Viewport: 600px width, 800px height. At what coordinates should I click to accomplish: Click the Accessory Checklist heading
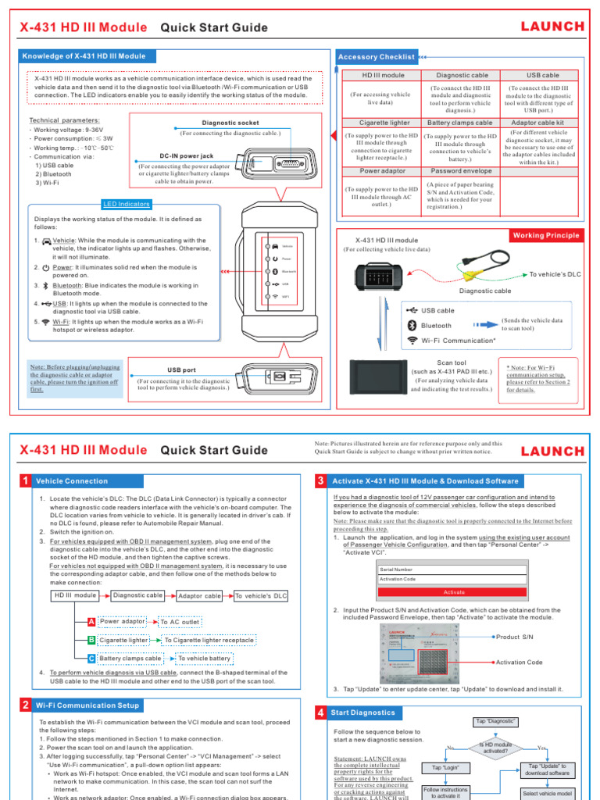coord(376,57)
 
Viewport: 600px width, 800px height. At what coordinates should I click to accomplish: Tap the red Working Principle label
coord(546,235)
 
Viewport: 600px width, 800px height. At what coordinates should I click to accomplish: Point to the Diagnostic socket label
coord(230,123)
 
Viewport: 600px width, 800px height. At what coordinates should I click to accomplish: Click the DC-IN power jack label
coord(186,156)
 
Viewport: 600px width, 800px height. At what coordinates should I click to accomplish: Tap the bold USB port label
coord(181,370)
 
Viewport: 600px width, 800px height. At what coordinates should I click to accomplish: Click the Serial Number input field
coord(453,570)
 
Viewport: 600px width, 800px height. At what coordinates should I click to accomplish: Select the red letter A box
coord(91,622)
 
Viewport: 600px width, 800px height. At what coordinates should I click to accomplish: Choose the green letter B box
coord(91,641)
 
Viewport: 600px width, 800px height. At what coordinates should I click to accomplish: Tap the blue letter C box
coord(91,659)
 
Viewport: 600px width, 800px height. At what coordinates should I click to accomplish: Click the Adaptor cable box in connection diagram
coord(200,595)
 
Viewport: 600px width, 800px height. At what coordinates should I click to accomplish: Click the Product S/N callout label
coord(515,637)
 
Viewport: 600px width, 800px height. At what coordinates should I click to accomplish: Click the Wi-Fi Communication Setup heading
coord(87,705)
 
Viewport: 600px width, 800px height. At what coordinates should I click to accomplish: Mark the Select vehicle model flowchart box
coord(547,794)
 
